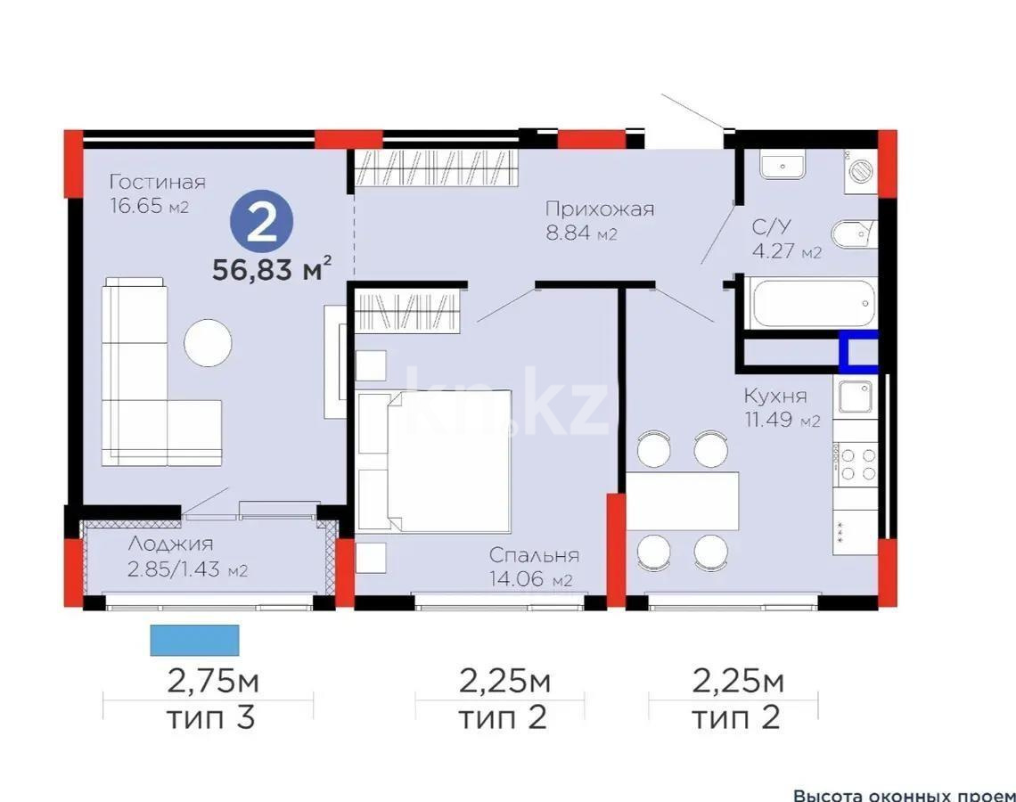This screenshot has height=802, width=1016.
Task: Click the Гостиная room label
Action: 157,182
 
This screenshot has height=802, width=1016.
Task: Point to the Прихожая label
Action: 600,209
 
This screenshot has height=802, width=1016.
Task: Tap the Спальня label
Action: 534,555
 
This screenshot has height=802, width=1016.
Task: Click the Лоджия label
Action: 170,544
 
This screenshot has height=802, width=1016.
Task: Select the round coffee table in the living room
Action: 209,342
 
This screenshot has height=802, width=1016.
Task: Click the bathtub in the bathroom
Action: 810,306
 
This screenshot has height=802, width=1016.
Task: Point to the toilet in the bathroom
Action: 853,235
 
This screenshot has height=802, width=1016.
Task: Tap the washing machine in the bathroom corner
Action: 861,170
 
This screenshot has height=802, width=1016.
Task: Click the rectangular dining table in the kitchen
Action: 683,501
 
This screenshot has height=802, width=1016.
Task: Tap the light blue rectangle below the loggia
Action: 194,639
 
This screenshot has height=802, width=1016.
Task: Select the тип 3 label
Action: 210,717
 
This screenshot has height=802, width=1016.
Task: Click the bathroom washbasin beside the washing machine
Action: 782,166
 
